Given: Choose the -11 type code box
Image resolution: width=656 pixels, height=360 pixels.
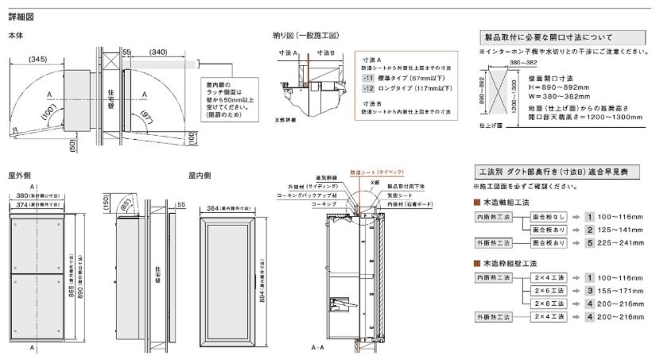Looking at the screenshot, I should click(x=367, y=79).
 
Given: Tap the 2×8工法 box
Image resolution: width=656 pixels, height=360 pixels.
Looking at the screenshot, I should click(x=549, y=304).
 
